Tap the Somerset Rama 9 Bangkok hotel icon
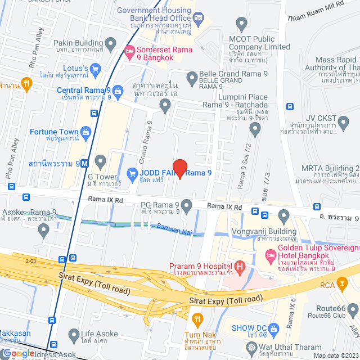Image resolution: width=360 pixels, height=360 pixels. [x=129, y=51]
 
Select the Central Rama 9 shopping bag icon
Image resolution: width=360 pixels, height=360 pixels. [x=118, y=90]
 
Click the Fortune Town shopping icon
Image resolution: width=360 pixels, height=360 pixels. [x=85, y=133]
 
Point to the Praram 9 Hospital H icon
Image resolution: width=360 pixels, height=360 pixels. [x=240, y=265]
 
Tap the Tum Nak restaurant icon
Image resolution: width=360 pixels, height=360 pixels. [x=196, y=319]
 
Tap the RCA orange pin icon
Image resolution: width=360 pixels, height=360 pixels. [x=341, y=286]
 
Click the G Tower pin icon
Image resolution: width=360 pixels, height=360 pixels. [x=100, y=163]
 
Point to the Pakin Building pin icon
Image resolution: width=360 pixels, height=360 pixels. [x=111, y=43]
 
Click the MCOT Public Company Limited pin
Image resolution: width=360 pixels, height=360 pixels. [x=242, y=25]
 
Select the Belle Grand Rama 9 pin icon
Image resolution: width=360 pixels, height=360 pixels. [x=192, y=76]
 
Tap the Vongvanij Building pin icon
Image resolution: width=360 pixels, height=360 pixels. [x=283, y=215]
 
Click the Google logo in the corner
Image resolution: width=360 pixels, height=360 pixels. [x=19, y=353]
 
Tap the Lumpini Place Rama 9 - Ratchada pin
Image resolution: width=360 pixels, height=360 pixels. [x=255, y=130]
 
